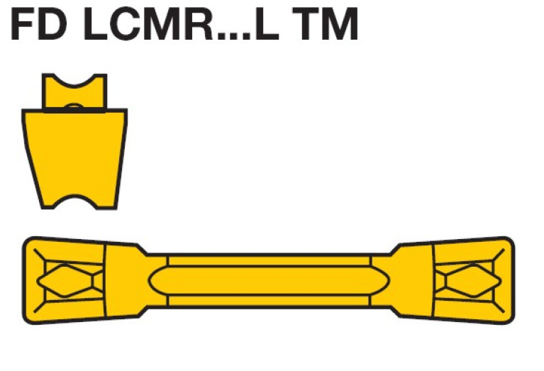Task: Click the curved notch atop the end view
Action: click(74, 79)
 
